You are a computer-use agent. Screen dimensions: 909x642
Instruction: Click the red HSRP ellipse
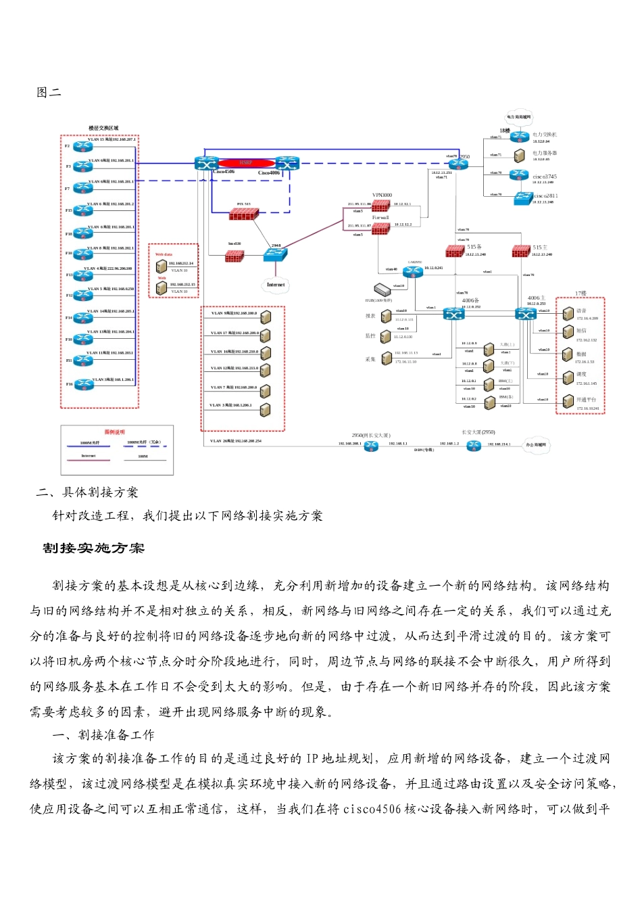[246, 163]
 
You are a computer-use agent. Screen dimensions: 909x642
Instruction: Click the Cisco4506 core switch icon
[205, 163]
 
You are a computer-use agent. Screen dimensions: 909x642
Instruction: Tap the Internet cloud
[276, 285]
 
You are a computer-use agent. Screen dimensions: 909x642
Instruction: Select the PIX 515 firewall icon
[243, 214]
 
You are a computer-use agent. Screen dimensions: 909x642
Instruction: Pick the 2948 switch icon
[276, 254]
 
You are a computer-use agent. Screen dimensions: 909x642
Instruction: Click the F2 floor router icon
[83, 146]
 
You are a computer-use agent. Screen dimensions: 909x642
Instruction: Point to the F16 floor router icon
[83, 384]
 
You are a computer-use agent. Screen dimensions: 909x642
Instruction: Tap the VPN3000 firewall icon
[380, 205]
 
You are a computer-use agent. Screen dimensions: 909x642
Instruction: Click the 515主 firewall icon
[521, 251]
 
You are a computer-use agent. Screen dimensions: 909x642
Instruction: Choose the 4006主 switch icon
[526, 314]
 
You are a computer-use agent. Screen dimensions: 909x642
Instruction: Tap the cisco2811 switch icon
[523, 198]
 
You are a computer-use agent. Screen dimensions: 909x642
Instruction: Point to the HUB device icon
[383, 290]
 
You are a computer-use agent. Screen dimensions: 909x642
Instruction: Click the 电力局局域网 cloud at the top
[519, 117]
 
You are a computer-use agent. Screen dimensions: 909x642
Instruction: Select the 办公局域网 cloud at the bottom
[538, 444]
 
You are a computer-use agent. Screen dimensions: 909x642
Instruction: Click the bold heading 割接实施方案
[94, 549]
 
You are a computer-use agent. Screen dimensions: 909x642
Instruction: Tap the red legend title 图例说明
[114, 432]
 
